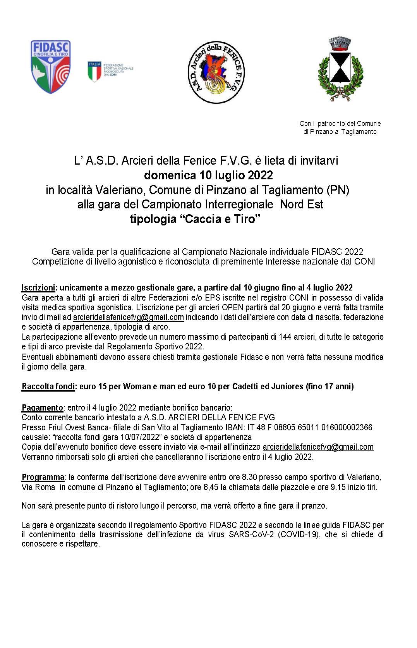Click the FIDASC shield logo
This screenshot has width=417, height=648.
point(50,67)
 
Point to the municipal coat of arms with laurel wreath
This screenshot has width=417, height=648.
point(340,70)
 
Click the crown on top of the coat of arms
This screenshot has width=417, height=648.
point(340,44)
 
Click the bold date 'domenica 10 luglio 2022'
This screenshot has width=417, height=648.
point(208,175)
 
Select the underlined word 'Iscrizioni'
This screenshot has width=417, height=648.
point(38,288)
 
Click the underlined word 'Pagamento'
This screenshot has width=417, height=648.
point(42,407)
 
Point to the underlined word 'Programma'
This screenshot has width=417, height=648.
point(43,477)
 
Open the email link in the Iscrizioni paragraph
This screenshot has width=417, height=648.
point(128,317)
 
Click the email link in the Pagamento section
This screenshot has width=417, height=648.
point(318,447)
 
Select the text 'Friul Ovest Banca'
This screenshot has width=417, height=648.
point(72,427)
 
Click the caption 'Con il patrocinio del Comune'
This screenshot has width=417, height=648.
point(340,124)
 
